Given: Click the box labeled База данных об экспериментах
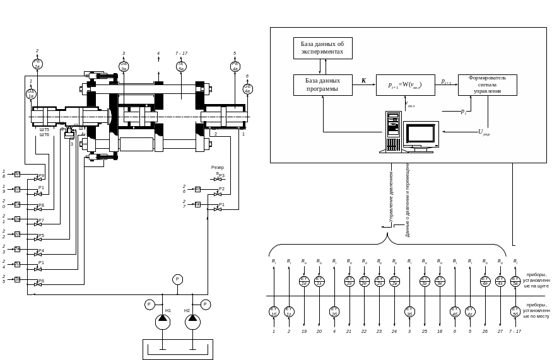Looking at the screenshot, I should [x=322, y=48].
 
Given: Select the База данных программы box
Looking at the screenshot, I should [x=322, y=84].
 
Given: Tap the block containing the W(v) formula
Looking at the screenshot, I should [x=405, y=84].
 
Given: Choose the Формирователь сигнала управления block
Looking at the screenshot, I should [x=487, y=84].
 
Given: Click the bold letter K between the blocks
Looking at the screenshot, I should [x=363, y=81].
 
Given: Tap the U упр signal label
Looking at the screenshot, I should [x=484, y=132].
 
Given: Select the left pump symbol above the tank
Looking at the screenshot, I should [x=163, y=322].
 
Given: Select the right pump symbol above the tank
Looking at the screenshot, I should [x=192, y=322].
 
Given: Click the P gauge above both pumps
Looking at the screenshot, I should [x=177, y=279].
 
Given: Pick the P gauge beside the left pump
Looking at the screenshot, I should [x=150, y=305].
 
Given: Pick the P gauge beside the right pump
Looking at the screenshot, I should [x=206, y=305].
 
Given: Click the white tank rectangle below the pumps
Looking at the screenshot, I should [x=177, y=349].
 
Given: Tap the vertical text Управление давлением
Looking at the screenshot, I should [x=392, y=195].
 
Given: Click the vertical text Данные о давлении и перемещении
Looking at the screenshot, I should [x=408, y=199].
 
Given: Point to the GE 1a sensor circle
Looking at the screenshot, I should [x=31, y=93].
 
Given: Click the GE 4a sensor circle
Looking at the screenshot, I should [x=247, y=88].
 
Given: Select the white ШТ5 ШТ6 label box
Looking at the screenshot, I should [x=44, y=132].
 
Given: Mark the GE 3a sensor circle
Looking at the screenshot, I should [x=124, y=66].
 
